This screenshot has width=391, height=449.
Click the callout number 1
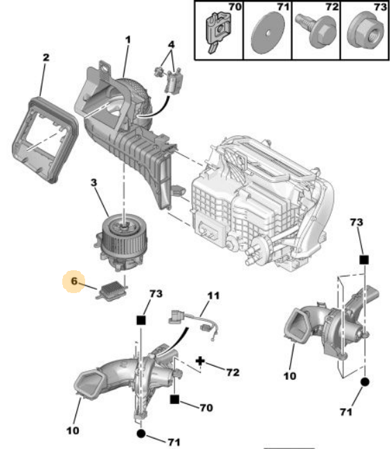coord(127,39)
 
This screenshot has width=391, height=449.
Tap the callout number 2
coord(46,58)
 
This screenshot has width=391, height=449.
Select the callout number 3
coord(94,183)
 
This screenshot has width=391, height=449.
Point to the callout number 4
coord(171,44)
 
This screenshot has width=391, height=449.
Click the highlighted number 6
coord(74,281)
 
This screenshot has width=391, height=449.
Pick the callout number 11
coord(213,295)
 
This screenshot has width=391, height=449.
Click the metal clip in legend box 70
coord(218,31)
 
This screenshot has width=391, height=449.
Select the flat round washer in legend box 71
coord(268,33)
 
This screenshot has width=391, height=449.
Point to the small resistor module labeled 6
coord(111,290)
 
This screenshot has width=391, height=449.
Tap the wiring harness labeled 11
coord(194,325)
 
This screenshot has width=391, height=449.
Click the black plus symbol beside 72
coord(200,361)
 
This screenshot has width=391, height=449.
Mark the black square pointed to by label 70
coord(174,399)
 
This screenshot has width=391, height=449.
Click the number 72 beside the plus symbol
coord(233,372)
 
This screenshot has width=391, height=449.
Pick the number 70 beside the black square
coord(206,407)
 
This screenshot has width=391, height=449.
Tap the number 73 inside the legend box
coord(380,7)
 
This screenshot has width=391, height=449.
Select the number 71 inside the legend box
coord(283,7)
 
